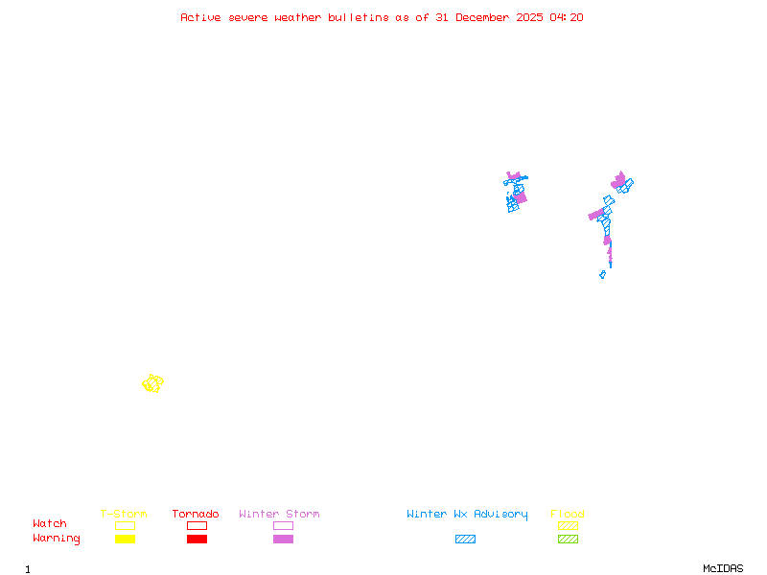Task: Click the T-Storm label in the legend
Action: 124,515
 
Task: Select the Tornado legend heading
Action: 196,515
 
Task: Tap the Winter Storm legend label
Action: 279,515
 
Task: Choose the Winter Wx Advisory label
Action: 467,515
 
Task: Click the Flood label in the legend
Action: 568,515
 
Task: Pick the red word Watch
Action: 50,524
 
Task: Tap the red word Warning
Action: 57,539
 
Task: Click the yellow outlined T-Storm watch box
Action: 125,525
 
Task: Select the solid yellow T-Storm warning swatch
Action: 125,539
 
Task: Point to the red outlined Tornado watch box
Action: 197,525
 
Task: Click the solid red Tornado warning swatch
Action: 197,539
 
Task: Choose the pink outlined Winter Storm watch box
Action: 283,525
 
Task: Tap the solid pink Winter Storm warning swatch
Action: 283,539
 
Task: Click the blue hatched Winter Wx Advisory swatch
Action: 465,539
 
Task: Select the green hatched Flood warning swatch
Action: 568,539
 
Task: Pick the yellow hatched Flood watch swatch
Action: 568,525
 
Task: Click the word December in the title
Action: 485,17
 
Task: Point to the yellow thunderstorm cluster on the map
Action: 152,383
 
